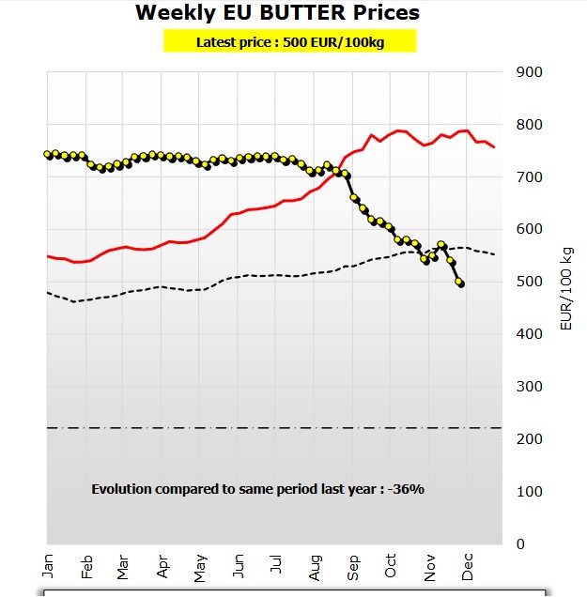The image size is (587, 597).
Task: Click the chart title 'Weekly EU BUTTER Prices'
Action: tap(277, 13)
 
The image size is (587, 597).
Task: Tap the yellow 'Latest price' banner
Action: tap(289, 41)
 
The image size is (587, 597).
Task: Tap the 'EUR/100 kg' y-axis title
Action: tap(566, 282)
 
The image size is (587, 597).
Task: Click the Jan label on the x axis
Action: tap(48, 565)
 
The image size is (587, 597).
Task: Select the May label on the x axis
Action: tap(200, 565)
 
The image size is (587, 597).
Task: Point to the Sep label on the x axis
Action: tap(354, 565)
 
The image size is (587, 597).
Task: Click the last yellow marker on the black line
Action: tap(460, 282)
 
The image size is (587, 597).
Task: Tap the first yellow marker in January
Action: tap(49, 154)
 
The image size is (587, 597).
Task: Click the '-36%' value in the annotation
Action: tap(409, 489)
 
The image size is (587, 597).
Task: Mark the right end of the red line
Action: tap(495, 147)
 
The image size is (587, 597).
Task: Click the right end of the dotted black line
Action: tap(495, 254)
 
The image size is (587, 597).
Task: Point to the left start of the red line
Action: tap(48, 255)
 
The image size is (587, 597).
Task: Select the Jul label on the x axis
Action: tap(276, 565)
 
